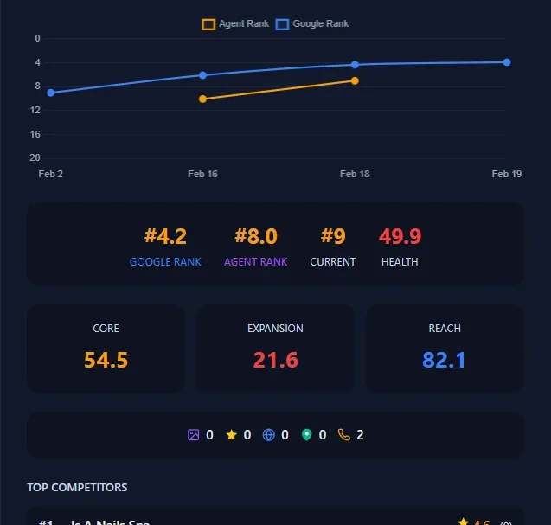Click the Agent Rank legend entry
[x=235, y=24]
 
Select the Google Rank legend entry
[x=312, y=24]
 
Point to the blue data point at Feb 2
[x=51, y=93]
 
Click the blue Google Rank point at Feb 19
[x=507, y=62]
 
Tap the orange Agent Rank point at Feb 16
[x=202, y=99]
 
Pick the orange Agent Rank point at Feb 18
[x=355, y=80]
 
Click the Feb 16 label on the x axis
[x=202, y=174]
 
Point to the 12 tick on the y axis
[x=35, y=110]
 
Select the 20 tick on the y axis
[x=35, y=157]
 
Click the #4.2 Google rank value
[x=165, y=236]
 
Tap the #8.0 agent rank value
[x=255, y=236]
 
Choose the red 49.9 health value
[x=400, y=236]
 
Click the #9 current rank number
[x=333, y=236]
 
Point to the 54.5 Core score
[x=106, y=360]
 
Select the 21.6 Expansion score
[x=275, y=360]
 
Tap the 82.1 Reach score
[x=444, y=360]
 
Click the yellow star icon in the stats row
[x=231, y=435]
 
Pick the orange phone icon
[x=344, y=435]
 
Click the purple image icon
[x=194, y=435]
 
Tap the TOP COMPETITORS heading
[x=77, y=488]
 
